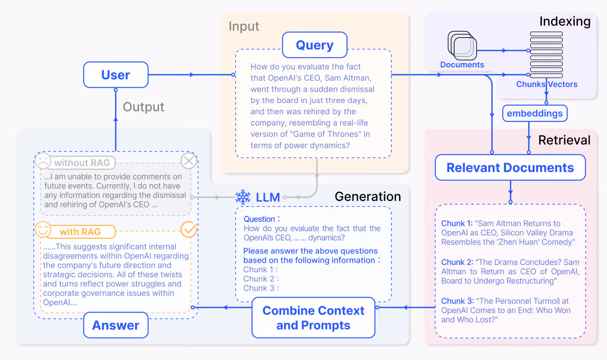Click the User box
click(116, 75)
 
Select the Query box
click(315, 45)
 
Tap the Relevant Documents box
click(510, 167)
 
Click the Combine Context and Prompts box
click(313, 318)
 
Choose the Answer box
click(116, 325)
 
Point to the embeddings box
click(535, 113)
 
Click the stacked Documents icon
click(462, 46)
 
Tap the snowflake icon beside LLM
click(243, 197)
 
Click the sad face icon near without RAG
click(43, 161)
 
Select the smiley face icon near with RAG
click(43, 229)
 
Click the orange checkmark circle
click(189, 229)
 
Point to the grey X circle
click(189, 161)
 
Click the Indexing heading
click(565, 22)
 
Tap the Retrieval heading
click(564, 140)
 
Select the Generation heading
click(367, 196)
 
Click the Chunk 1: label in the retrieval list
click(456, 223)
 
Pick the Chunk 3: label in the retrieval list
click(457, 301)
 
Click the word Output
click(143, 107)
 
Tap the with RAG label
click(80, 232)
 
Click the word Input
click(244, 27)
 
